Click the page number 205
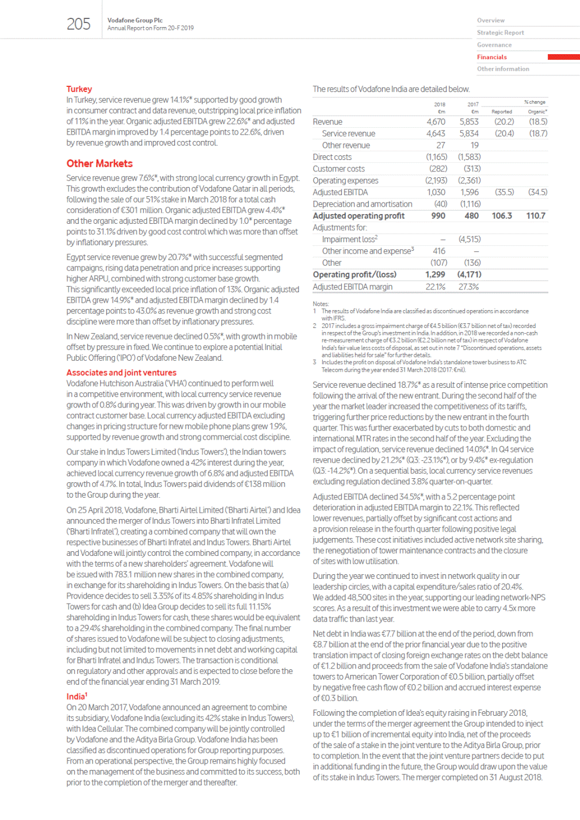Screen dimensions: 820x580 click(78, 24)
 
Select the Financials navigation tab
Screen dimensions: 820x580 click(492, 57)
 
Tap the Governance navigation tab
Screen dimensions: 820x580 click(494, 45)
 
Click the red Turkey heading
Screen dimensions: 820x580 click(79, 89)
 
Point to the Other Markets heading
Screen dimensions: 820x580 click(100, 163)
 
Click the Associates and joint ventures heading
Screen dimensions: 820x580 click(121, 373)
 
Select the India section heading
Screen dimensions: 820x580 click(76, 696)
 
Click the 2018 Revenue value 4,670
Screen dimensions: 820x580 click(436, 122)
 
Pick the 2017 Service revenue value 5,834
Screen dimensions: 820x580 click(468, 134)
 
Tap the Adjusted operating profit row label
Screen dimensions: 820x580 click(358, 216)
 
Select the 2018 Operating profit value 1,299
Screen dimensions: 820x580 click(435, 274)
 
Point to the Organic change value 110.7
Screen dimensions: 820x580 click(535, 216)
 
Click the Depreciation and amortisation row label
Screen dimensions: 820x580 click(362, 204)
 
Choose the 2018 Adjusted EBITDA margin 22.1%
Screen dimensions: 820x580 click(435, 287)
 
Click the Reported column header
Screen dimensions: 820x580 click(501, 112)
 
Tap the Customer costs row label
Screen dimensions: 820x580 click(339, 169)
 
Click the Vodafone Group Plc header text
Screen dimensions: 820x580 click(135, 20)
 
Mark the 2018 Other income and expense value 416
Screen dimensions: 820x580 click(439, 251)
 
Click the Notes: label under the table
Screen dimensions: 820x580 click(320, 304)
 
